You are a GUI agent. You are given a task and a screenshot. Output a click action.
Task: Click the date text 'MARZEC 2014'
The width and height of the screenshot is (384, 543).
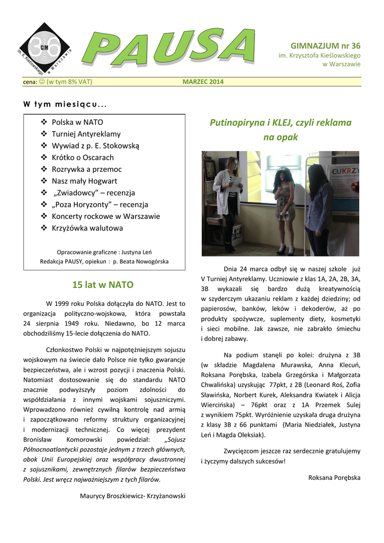[x=203, y=82]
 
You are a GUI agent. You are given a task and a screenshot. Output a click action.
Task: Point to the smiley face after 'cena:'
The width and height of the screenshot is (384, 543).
[x=42, y=82]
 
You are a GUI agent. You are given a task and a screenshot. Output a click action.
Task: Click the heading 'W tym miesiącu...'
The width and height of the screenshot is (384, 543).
[x=65, y=103]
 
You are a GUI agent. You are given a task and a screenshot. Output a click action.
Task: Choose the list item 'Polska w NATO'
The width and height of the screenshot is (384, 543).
[x=77, y=122]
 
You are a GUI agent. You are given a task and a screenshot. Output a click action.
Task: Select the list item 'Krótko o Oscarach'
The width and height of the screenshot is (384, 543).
[x=83, y=157]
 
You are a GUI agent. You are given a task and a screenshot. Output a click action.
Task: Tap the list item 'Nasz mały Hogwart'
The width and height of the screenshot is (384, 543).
[x=84, y=181]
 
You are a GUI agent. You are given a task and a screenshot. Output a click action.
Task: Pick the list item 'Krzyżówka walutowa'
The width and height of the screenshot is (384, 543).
[x=87, y=228]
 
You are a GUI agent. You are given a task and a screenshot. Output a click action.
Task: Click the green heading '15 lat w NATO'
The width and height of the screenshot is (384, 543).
[x=103, y=285]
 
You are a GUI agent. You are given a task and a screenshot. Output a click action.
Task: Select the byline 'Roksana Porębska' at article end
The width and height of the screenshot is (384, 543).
[x=334, y=478]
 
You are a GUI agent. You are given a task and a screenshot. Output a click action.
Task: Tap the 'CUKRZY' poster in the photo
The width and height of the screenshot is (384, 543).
[x=345, y=174]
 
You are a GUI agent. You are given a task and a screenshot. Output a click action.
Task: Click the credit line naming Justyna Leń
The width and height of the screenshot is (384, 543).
[x=104, y=252]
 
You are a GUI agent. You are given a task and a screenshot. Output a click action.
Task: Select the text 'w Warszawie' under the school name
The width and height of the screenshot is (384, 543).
[x=341, y=64]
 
